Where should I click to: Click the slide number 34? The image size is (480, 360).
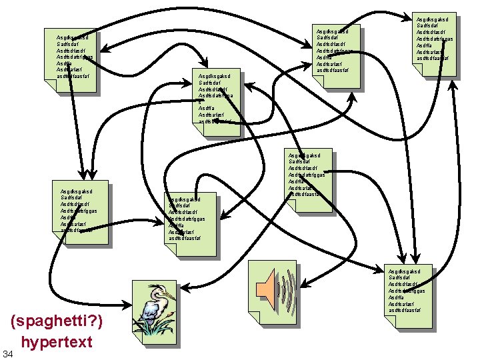click(7, 352)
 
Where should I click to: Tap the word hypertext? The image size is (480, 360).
click(57, 343)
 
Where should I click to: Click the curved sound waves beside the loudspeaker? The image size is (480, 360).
click(285, 287)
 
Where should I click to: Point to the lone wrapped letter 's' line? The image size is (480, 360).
click(200, 102)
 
